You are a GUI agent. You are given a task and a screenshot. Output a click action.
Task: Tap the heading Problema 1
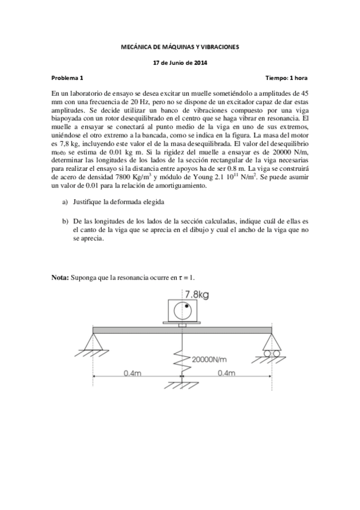coord(67,78)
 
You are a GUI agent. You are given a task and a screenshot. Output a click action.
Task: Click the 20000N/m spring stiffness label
coord(209,359)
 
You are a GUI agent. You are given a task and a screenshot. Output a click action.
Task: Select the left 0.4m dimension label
coord(133,373)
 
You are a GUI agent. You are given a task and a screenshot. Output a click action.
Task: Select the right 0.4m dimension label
coord(227,373)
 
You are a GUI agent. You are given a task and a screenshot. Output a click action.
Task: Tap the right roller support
coord(269,343)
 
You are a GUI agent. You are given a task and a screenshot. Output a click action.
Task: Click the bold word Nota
coord(60,277)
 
